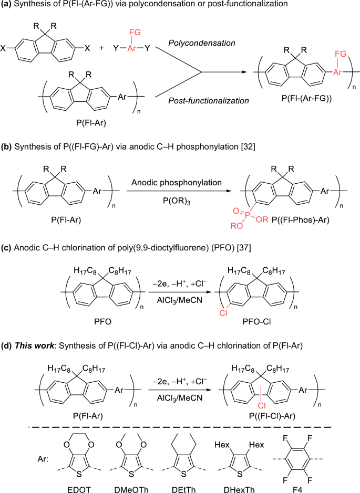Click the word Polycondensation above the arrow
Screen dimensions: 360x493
pos(202,43)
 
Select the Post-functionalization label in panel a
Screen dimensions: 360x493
pos(209,101)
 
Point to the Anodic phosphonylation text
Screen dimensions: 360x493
pos(177,182)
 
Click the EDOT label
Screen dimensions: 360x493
pos(79,489)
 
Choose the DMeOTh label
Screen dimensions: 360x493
pos(131,489)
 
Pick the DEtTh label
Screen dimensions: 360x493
pos(184,489)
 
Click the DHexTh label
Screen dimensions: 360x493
pos(239,489)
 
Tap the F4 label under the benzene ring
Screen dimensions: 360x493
pos(295,489)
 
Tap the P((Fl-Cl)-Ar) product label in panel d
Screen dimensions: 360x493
pos(272,416)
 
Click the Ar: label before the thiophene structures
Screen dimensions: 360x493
pos(43,459)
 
